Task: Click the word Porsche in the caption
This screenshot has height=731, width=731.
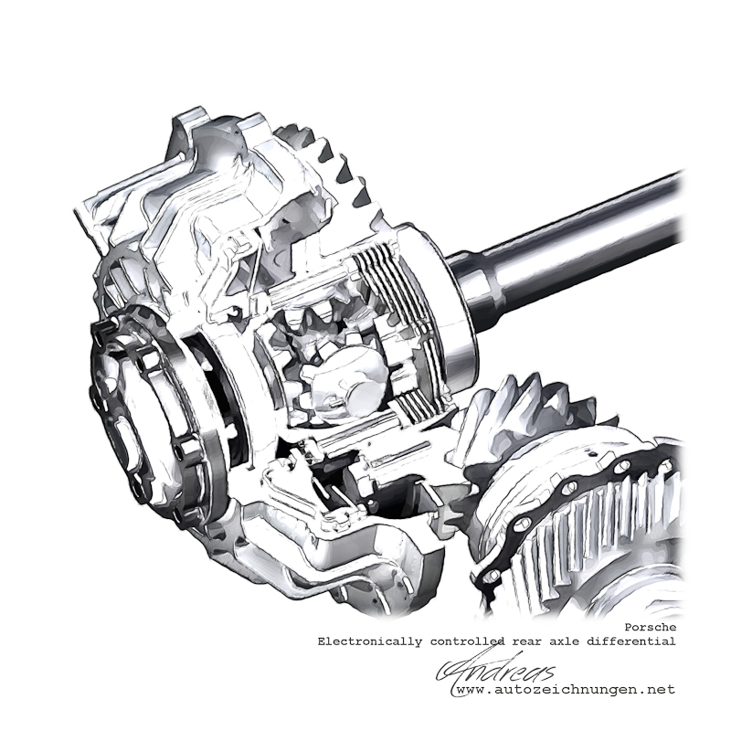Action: (650, 628)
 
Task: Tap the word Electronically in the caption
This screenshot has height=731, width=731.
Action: (370, 642)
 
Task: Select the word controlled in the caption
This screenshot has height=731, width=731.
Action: (468, 641)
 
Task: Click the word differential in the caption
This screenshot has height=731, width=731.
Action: (630, 641)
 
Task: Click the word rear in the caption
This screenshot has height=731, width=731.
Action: (527, 642)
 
